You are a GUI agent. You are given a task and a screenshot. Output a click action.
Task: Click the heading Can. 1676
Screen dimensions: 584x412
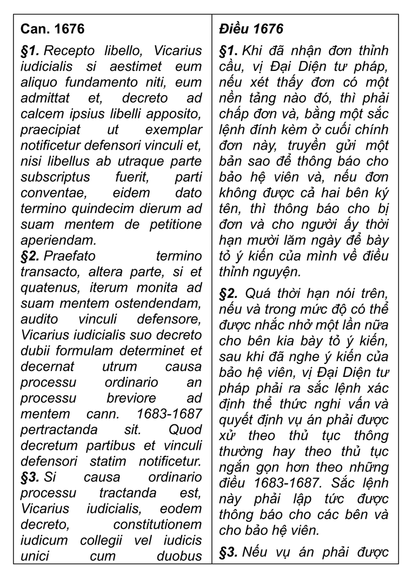pos(52,29)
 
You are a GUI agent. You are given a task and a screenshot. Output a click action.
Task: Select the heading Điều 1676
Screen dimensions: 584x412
pos(251,29)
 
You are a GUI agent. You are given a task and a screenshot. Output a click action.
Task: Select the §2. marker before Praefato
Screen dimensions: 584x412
pos(31,256)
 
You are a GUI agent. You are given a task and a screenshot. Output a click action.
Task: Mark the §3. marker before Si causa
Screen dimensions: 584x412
pos(30,477)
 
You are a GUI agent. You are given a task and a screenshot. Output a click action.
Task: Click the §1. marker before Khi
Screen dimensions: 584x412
pos(229,51)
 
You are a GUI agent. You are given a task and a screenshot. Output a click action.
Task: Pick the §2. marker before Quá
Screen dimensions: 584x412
pos(229,294)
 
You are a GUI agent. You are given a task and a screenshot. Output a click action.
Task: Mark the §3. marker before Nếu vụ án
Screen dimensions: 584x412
pos(229,552)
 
